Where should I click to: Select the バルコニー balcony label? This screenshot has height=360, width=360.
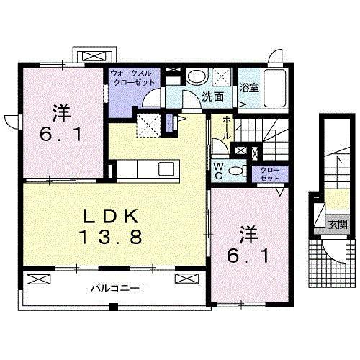click(114, 288)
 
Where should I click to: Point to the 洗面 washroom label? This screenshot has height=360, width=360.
click(211, 95)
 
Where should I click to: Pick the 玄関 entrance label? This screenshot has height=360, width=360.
click(338, 224)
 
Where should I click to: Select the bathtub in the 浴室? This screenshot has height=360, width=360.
click(275, 89)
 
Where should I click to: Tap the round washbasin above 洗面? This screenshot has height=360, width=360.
click(195, 76)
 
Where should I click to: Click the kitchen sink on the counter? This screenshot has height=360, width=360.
click(166, 169)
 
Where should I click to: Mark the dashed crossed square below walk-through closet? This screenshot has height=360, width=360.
click(149, 124)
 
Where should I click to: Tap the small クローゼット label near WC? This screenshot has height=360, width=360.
click(268, 174)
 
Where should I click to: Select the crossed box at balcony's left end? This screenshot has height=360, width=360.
click(37, 277)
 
